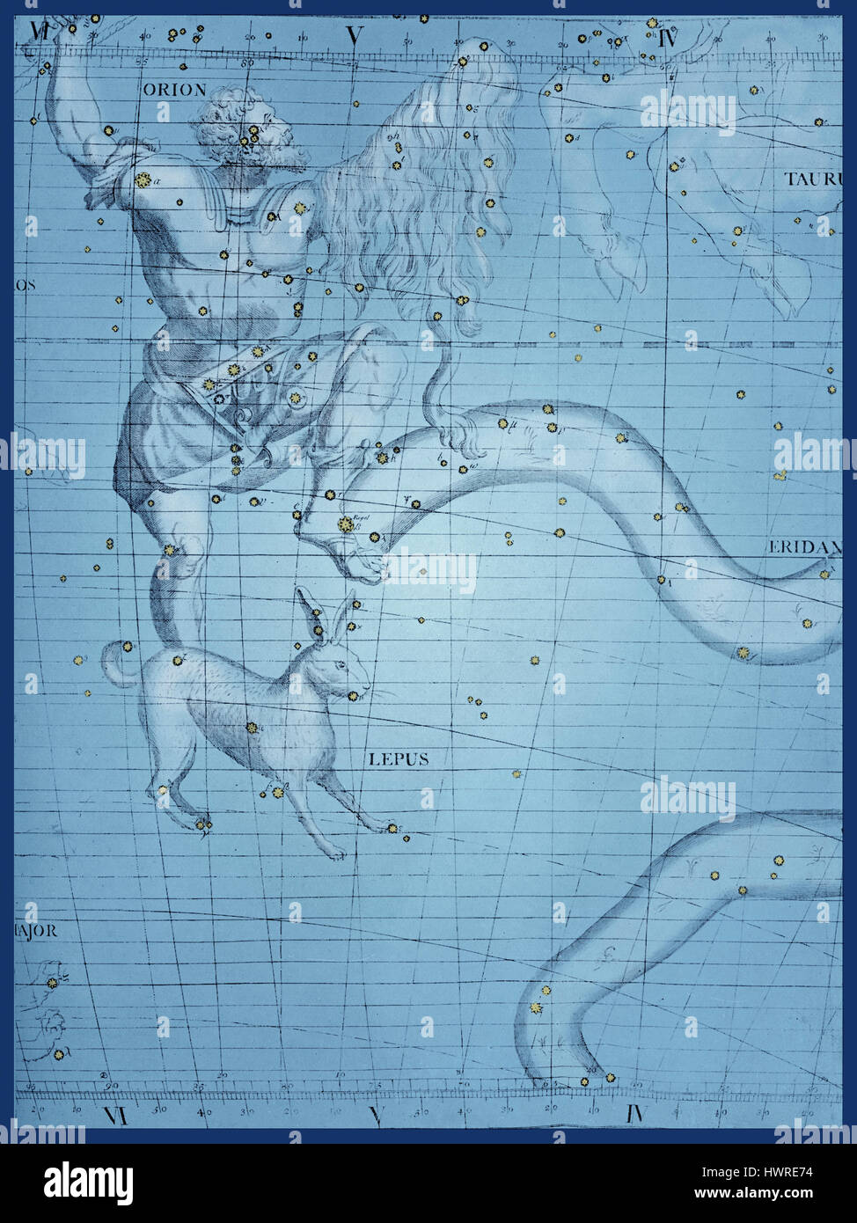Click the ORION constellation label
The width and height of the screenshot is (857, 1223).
click(x=174, y=90)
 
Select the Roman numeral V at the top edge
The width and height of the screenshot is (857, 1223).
click(x=354, y=36)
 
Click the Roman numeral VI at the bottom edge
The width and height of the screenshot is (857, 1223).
click(x=116, y=1116)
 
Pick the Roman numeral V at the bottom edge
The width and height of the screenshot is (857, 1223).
click(x=376, y=1116)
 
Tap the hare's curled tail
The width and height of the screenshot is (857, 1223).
click(x=113, y=663)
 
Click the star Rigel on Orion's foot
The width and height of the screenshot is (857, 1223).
click(x=345, y=525)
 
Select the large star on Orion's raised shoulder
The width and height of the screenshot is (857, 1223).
click(x=141, y=179)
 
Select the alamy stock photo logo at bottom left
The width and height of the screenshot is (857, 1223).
click(x=87, y=1183)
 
